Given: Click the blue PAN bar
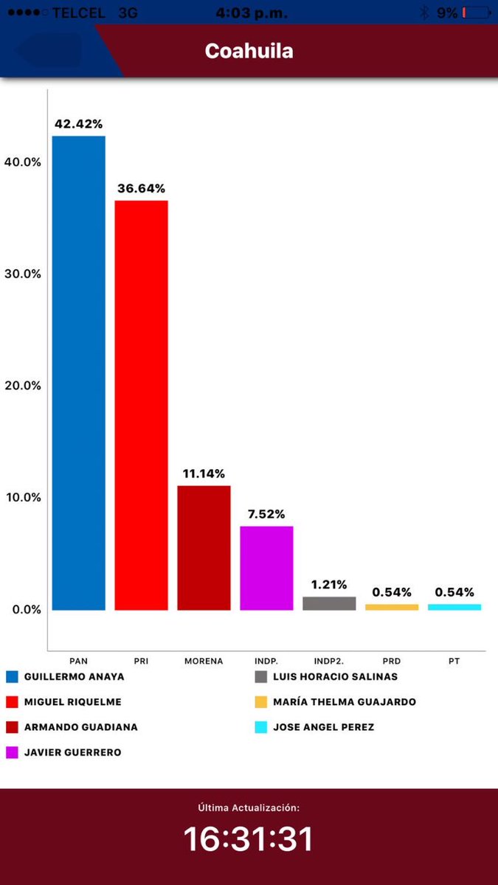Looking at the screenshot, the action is (79, 373).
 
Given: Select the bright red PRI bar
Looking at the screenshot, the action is (141, 406).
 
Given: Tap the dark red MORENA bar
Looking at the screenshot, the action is (204, 548).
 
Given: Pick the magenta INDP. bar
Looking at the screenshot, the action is (266, 568).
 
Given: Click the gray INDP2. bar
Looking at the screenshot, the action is (329, 603).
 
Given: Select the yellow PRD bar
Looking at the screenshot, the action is (392, 607).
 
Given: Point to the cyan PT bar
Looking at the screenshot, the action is (454, 607).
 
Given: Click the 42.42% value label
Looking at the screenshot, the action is (79, 124).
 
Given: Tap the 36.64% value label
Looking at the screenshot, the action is (141, 189).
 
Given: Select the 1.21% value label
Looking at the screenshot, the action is (329, 585).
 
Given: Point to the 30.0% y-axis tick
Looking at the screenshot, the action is (23, 274).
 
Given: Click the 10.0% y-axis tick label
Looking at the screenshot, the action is (23, 497).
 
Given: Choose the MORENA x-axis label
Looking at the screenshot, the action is (204, 661).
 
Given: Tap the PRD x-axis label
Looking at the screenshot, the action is (392, 661).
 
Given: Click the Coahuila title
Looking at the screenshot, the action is (249, 51).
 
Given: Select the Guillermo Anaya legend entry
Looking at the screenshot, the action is (65, 677).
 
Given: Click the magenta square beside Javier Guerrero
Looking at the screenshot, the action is (12, 752).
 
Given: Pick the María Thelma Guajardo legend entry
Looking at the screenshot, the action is (336, 701).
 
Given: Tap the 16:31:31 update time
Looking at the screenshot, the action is (248, 839).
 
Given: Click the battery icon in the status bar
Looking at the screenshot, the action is (477, 13).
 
